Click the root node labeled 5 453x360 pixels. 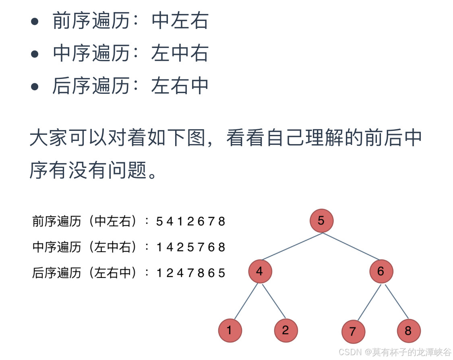[321, 221]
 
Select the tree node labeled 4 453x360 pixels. [260, 271]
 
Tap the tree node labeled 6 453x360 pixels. [381, 271]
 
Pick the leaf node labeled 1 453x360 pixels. [230, 331]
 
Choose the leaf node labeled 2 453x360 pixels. [286, 331]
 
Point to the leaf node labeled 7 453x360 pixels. [353, 332]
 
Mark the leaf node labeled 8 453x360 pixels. [409, 331]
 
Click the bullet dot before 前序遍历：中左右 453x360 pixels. [35, 22]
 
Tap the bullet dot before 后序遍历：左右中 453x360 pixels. [35, 86]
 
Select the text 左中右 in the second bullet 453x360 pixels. [180, 54]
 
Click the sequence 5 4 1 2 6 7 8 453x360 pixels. [191, 221]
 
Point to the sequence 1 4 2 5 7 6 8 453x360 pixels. [191, 247]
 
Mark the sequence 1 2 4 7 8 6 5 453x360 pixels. [191, 273]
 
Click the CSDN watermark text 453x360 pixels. [395, 352]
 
